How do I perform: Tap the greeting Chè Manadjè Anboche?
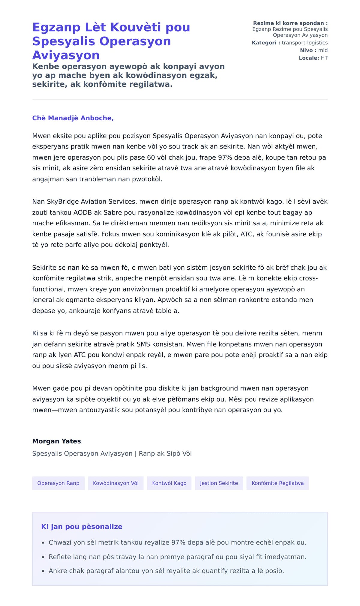click(73, 118)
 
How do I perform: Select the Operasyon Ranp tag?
click(58, 483)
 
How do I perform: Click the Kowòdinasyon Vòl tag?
click(115, 483)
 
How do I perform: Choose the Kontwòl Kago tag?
click(169, 483)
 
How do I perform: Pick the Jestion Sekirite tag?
click(219, 483)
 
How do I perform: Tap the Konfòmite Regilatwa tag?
click(277, 483)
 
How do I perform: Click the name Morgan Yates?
click(57, 441)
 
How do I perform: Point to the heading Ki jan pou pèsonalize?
click(82, 526)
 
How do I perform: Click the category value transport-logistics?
click(304, 43)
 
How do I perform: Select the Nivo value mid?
click(323, 50)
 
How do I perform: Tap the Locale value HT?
click(324, 58)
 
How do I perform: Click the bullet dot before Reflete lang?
click(43, 557)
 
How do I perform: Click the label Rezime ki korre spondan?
click(290, 23)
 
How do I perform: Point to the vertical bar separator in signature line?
click(135, 454)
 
